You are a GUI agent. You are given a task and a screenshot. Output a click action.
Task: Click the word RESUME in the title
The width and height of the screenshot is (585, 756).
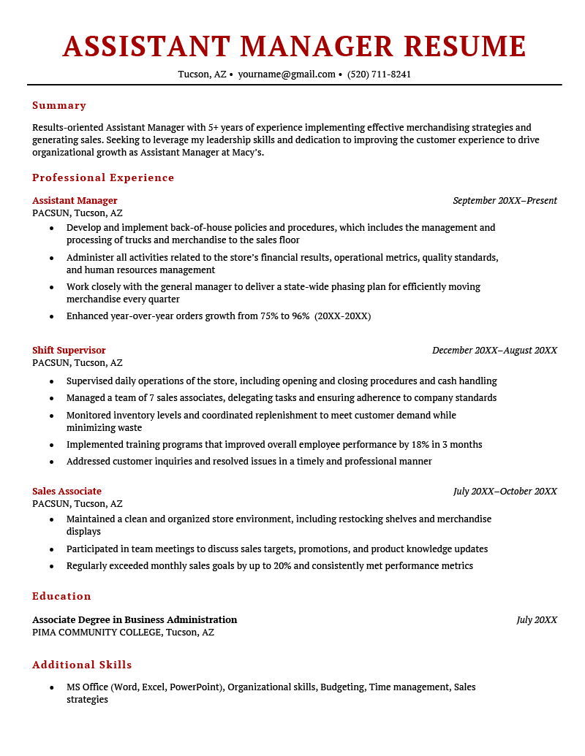tap(464, 47)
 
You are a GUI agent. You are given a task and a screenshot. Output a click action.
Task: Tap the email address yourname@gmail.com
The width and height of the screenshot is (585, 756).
tap(287, 74)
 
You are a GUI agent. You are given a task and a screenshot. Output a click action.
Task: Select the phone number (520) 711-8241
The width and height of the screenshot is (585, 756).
tap(379, 74)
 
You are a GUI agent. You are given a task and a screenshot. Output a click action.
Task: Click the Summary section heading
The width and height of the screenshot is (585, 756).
tap(59, 105)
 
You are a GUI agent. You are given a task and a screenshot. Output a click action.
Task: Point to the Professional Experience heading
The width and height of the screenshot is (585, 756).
tap(103, 177)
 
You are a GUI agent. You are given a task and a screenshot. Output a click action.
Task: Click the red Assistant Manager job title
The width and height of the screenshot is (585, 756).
tap(75, 200)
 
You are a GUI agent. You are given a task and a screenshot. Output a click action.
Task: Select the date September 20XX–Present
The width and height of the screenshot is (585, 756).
tap(505, 200)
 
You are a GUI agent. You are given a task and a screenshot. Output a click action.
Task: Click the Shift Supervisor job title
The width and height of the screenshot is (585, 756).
tap(69, 350)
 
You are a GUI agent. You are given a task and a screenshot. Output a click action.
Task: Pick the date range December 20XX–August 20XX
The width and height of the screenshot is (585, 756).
tap(494, 350)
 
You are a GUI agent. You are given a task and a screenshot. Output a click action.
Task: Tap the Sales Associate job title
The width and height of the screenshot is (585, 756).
tap(67, 491)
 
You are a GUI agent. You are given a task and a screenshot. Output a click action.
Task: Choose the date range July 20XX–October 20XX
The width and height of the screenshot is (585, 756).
tap(505, 491)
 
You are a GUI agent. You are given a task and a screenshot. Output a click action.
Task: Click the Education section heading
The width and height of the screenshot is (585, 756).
tap(61, 596)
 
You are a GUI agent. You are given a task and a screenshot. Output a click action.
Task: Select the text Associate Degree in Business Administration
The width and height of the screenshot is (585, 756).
tap(135, 619)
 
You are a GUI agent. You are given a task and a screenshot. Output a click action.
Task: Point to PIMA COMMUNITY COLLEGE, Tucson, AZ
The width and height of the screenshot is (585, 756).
tap(123, 632)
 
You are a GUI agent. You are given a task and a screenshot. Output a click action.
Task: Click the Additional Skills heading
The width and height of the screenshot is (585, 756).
tap(82, 665)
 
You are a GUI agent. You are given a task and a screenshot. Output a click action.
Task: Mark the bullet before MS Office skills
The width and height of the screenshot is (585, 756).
tap(51, 687)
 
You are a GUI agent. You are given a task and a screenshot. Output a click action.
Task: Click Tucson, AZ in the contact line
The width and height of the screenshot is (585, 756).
tap(202, 74)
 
